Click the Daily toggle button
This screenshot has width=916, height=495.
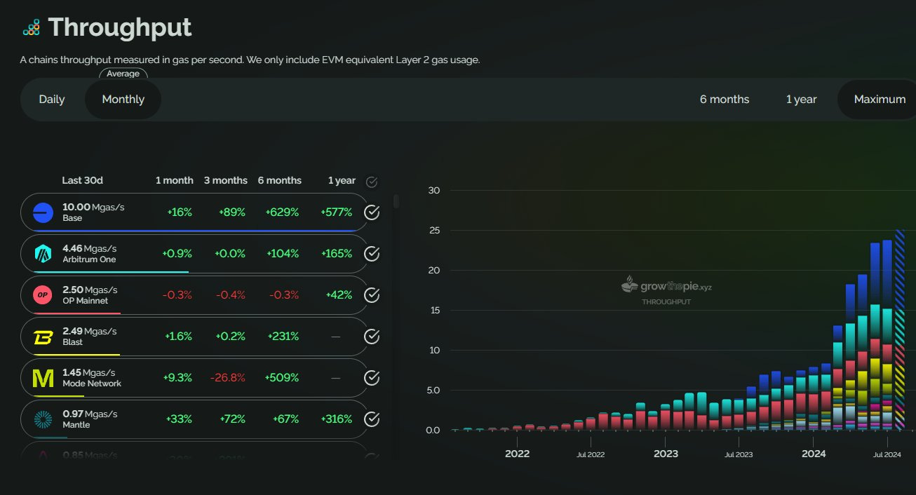52,100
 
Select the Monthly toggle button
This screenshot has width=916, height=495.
123,100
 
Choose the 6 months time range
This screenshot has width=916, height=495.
725,100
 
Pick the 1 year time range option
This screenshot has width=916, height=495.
801,100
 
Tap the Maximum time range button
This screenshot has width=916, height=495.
880,100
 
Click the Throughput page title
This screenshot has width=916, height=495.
119,28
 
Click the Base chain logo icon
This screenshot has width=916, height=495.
43,212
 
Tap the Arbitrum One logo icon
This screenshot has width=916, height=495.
43,254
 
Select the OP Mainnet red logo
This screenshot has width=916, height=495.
43,295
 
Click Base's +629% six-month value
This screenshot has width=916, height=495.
283,212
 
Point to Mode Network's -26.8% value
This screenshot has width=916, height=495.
229,378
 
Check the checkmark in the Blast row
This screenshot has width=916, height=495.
372,337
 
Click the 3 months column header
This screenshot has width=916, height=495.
226,181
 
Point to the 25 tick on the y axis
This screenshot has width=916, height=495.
433,231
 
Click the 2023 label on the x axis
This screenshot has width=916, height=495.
666,454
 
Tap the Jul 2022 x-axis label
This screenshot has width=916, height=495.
591,454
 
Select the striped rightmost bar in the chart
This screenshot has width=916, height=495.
900,330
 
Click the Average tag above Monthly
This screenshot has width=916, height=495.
123,74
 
